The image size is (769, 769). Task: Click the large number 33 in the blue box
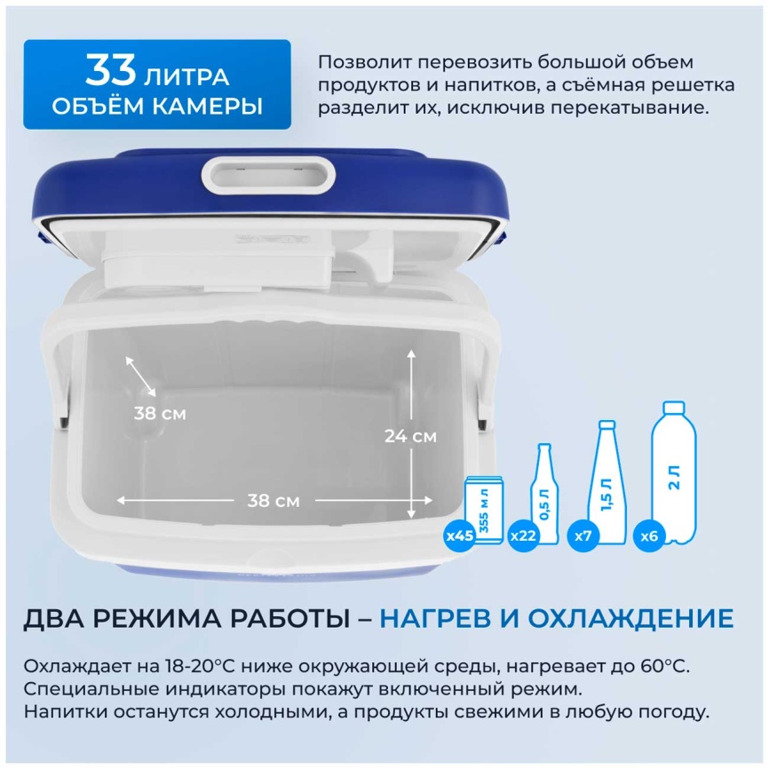[110, 70]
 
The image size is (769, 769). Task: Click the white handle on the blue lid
[268, 175]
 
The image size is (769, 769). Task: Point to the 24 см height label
[410, 435]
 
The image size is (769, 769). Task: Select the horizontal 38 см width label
[274, 501]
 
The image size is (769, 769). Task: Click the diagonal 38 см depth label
[160, 414]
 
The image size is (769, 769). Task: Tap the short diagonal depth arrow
[141, 377]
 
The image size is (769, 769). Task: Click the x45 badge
[460, 535]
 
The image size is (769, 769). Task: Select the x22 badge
[523, 535]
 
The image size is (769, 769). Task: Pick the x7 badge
[583, 535]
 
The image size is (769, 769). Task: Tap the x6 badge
[649, 535]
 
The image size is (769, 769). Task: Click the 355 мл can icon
[484, 510]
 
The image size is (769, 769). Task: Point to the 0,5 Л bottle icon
[544, 494]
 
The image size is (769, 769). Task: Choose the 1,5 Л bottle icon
[607, 482]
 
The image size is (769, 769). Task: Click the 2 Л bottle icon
[674, 472]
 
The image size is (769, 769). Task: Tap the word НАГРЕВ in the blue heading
[435, 618]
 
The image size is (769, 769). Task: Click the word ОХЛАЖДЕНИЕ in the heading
[630, 618]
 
